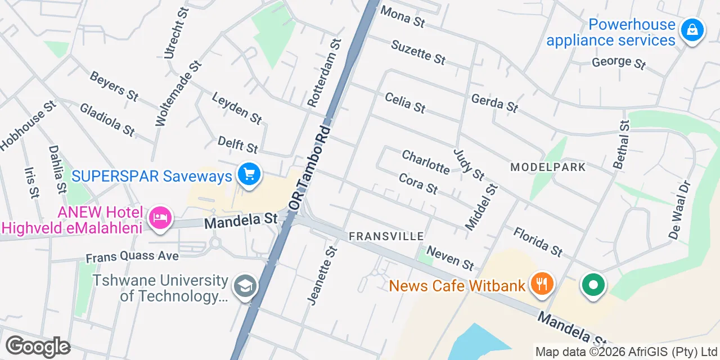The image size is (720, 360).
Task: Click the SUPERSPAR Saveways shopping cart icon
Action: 249,174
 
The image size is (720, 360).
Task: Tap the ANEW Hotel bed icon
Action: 160,218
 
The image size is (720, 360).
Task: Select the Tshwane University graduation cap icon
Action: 245,286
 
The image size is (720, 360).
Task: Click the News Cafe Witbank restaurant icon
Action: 541,283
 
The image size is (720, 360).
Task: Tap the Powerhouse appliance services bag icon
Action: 692,30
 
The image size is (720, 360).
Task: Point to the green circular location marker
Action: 593,285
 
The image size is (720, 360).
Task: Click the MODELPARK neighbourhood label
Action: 548,167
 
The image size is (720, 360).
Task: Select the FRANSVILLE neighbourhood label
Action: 386,236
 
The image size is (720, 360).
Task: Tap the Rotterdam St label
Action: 325,73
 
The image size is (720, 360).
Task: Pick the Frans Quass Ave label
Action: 132,256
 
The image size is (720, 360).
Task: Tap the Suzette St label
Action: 418,52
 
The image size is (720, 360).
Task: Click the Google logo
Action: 38,346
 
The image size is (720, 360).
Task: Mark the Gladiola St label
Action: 107,119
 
